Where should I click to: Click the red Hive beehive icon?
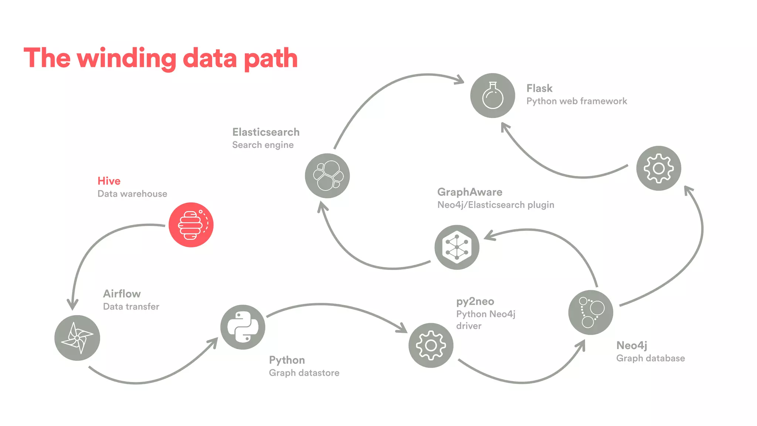coord(191,224)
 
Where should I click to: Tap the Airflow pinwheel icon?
coord(77,338)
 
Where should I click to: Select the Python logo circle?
coord(242,327)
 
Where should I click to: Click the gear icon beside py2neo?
coord(431,345)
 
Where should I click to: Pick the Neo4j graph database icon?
coord(590,312)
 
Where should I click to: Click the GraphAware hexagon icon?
coord(457,247)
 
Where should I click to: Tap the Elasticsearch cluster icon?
coord(327,176)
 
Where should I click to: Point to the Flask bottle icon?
coord(492,95)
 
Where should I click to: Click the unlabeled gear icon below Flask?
coord(658,168)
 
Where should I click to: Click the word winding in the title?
coord(126,58)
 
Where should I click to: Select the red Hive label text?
coord(109,181)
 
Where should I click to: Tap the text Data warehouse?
coord(132,194)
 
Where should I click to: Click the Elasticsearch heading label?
coord(266,132)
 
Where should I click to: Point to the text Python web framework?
coord(576,101)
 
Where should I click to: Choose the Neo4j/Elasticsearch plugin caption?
coord(495,205)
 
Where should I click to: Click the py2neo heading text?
coord(475,301)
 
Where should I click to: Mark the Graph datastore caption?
coord(304,373)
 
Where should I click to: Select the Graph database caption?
coord(650,358)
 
